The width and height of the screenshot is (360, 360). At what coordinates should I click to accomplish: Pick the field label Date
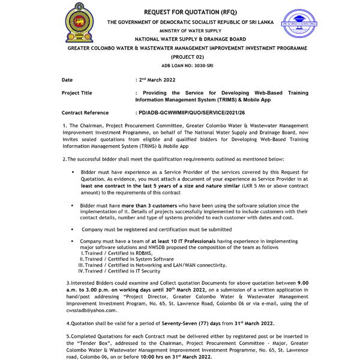(x=67, y=79)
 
